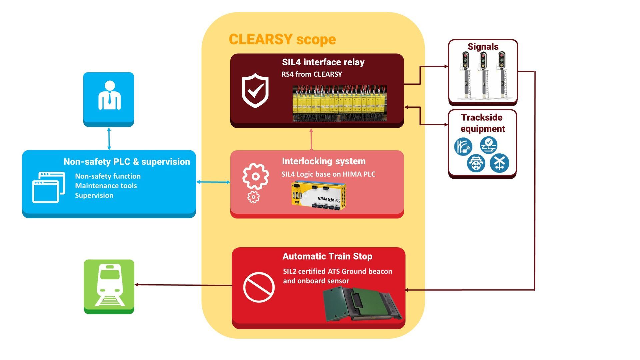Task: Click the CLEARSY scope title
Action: [282, 39]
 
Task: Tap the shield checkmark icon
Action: [255, 90]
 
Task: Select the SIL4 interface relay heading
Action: [323, 62]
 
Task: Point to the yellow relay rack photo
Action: [339, 103]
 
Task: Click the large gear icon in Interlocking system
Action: [255, 176]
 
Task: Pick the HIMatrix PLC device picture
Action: [319, 196]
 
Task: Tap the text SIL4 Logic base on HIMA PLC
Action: [328, 174]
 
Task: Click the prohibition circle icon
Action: [259, 287]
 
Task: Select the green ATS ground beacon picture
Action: [362, 304]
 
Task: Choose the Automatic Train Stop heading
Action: [327, 256]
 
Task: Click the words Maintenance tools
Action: [106, 186]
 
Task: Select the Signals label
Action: [483, 47]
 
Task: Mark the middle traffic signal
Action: [483, 75]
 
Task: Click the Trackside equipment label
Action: [482, 123]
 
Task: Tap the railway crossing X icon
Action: [499, 163]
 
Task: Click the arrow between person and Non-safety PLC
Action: [109, 138]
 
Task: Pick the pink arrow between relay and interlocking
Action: [311, 139]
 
